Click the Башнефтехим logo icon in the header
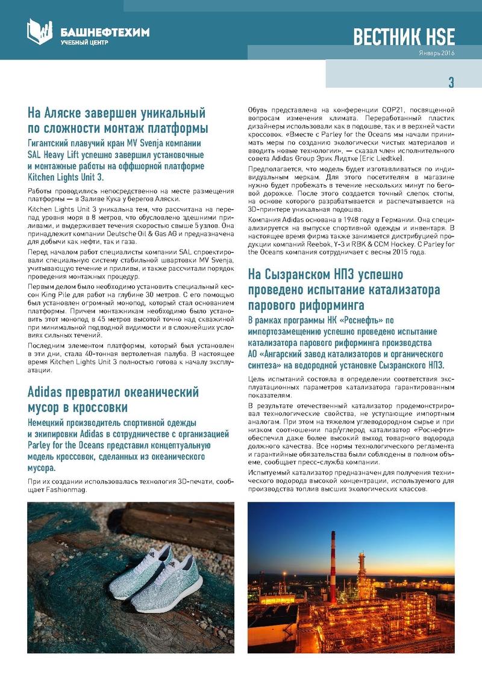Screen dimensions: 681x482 (x=40, y=31)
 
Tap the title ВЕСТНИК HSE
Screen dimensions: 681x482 (x=404, y=37)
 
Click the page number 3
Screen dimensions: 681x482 (x=451, y=82)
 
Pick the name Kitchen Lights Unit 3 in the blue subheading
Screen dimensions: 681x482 (x=66, y=177)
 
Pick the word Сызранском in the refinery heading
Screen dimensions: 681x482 (x=304, y=275)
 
